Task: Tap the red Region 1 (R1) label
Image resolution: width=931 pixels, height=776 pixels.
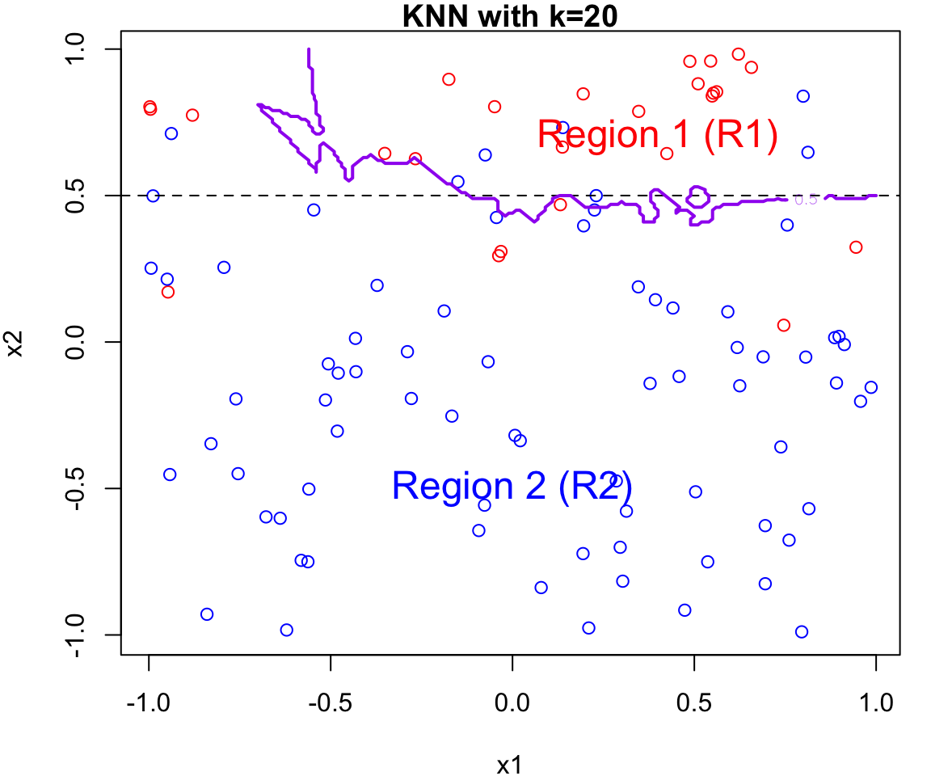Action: click(657, 135)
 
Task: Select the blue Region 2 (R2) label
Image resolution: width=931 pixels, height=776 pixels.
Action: click(512, 486)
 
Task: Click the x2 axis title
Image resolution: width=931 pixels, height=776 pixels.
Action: click(15, 341)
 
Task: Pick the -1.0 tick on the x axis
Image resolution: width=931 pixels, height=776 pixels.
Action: click(148, 702)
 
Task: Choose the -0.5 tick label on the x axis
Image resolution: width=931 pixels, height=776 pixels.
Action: click(330, 702)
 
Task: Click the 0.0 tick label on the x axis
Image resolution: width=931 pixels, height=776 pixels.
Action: click(512, 702)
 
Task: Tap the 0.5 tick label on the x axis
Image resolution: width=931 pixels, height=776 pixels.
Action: click(693, 702)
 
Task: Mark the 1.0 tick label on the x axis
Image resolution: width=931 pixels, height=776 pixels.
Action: click(875, 702)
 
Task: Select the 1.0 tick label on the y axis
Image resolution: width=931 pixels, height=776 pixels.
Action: click(81, 49)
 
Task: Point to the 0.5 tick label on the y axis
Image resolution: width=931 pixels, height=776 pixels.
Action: click(81, 196)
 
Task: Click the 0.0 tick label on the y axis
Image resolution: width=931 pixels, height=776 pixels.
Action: click(81, 342)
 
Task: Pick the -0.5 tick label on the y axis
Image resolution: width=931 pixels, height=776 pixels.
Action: click(81, 488)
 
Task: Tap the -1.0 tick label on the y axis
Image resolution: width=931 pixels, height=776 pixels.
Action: click(81, 635)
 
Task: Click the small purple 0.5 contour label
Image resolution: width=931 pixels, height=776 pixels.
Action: click(806, 200)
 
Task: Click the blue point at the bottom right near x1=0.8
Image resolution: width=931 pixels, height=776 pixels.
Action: click(802, 632)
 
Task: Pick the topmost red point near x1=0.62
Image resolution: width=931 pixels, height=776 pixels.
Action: click(738, 54)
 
